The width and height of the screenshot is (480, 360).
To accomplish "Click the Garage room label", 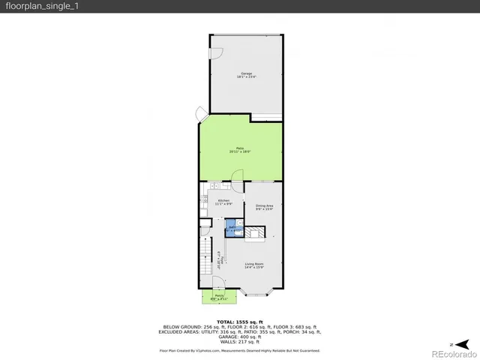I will pos(245,74).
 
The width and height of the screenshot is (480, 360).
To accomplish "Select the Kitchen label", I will pos(223,201).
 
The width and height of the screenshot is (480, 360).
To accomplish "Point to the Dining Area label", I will pos(264,206).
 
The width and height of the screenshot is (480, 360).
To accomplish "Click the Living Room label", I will pos(254,265).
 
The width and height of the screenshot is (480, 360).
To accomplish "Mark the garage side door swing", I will pos(216,53).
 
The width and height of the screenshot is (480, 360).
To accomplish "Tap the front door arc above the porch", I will pos(217,283).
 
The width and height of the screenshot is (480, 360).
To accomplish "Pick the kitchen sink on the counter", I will pos(214,185).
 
